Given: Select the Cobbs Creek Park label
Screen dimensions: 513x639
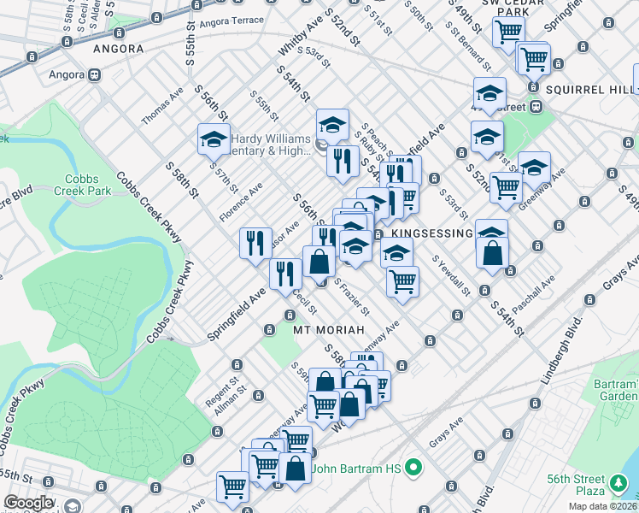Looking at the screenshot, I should point(82,186).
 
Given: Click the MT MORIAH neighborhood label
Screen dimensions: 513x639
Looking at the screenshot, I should point(329,329).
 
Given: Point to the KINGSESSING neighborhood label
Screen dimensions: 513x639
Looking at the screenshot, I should point(431,233).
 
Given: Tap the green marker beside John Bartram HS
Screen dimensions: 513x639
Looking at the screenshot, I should point(413,468).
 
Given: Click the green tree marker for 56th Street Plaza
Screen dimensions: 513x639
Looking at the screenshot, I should point(618,485).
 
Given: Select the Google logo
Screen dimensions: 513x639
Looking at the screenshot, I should point(28,503).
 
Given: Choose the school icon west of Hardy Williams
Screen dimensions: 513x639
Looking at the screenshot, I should point(214,140).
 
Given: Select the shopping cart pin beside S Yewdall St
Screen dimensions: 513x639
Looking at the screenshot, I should point(402,280).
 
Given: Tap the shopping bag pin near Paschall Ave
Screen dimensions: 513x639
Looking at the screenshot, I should point(493,252).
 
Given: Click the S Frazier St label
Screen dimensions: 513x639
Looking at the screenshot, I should point(350,294).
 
